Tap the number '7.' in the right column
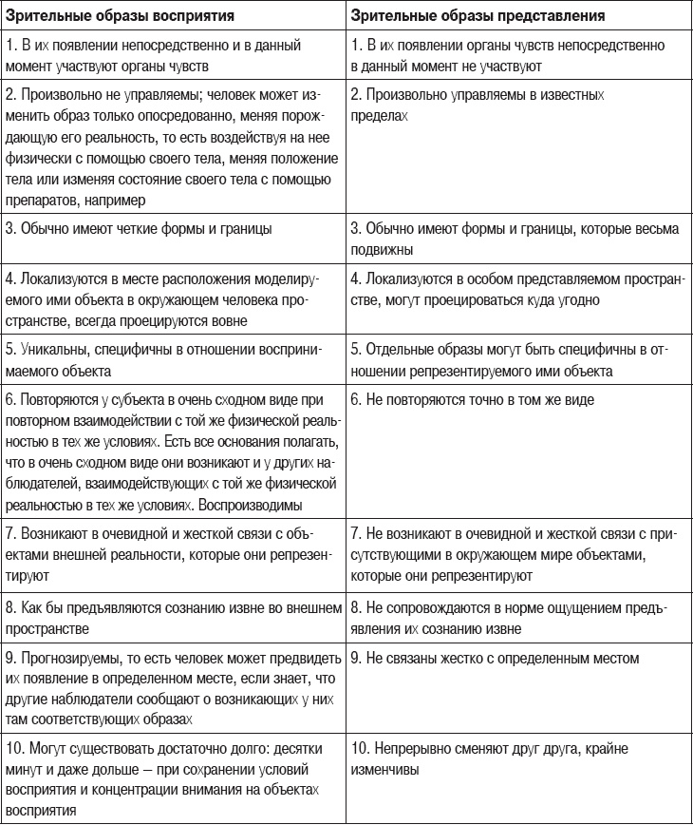[x=356, y=536]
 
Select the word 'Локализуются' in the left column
[x=58, y=279]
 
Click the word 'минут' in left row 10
[x=23, y=765]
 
